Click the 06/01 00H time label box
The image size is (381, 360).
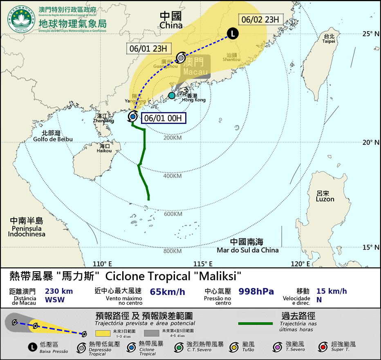point(164,118)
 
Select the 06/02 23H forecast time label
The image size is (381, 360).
point(260,19)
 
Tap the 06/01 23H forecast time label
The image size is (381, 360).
point(148,48)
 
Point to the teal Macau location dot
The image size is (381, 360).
point(172,96)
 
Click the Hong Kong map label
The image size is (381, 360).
point(194,99)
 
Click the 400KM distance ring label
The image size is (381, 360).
point(172,176)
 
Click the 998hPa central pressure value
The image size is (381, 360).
point(256,292)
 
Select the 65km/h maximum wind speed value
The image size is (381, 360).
point(168,292)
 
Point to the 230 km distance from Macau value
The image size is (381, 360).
point(59,292)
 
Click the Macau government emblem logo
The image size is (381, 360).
point(21,19)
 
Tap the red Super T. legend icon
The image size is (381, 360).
point(323,347)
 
